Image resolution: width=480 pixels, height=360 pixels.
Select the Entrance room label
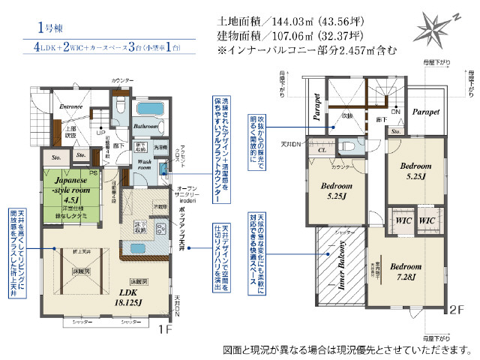pyautogui.click(x=71, y=106)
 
